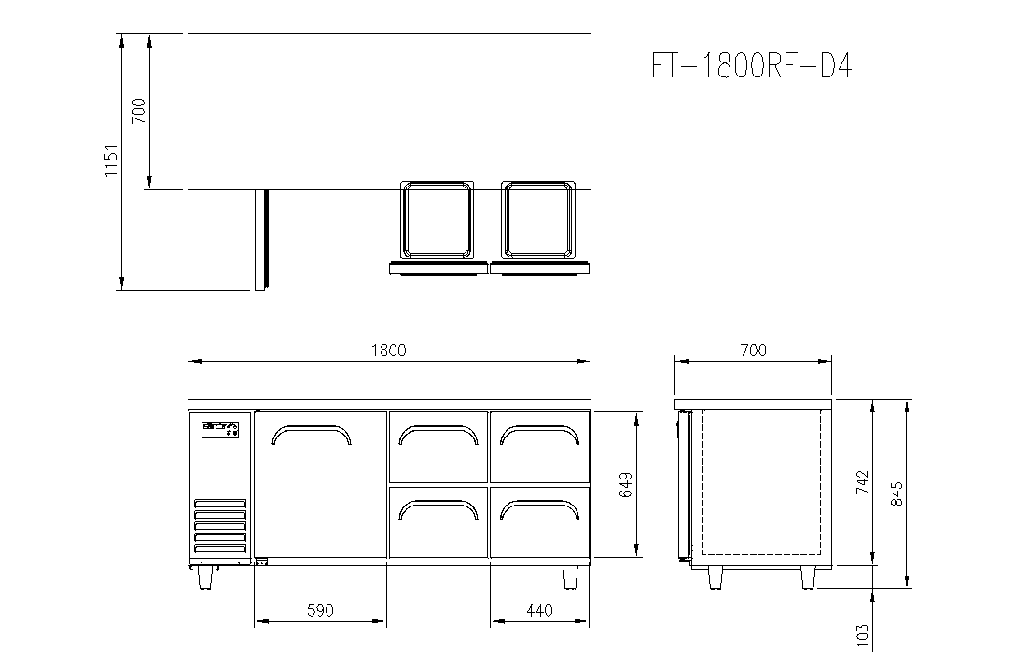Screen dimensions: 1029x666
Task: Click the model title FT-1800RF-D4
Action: coord(751,66)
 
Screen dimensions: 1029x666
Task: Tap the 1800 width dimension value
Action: coord(389,351)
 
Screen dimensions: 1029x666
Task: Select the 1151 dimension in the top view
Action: coord(111,160)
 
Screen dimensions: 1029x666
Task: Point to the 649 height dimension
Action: coord(626,485)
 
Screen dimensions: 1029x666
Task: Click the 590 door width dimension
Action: coord(320,610)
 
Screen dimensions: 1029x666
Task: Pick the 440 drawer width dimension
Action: coord(539,610)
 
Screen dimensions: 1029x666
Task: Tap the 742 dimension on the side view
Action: coord(862,482)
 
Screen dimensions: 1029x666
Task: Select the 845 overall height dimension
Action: coord(897,493)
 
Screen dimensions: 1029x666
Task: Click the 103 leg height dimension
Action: coord(862,636)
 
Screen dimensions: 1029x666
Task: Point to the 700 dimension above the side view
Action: coord(753,351)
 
